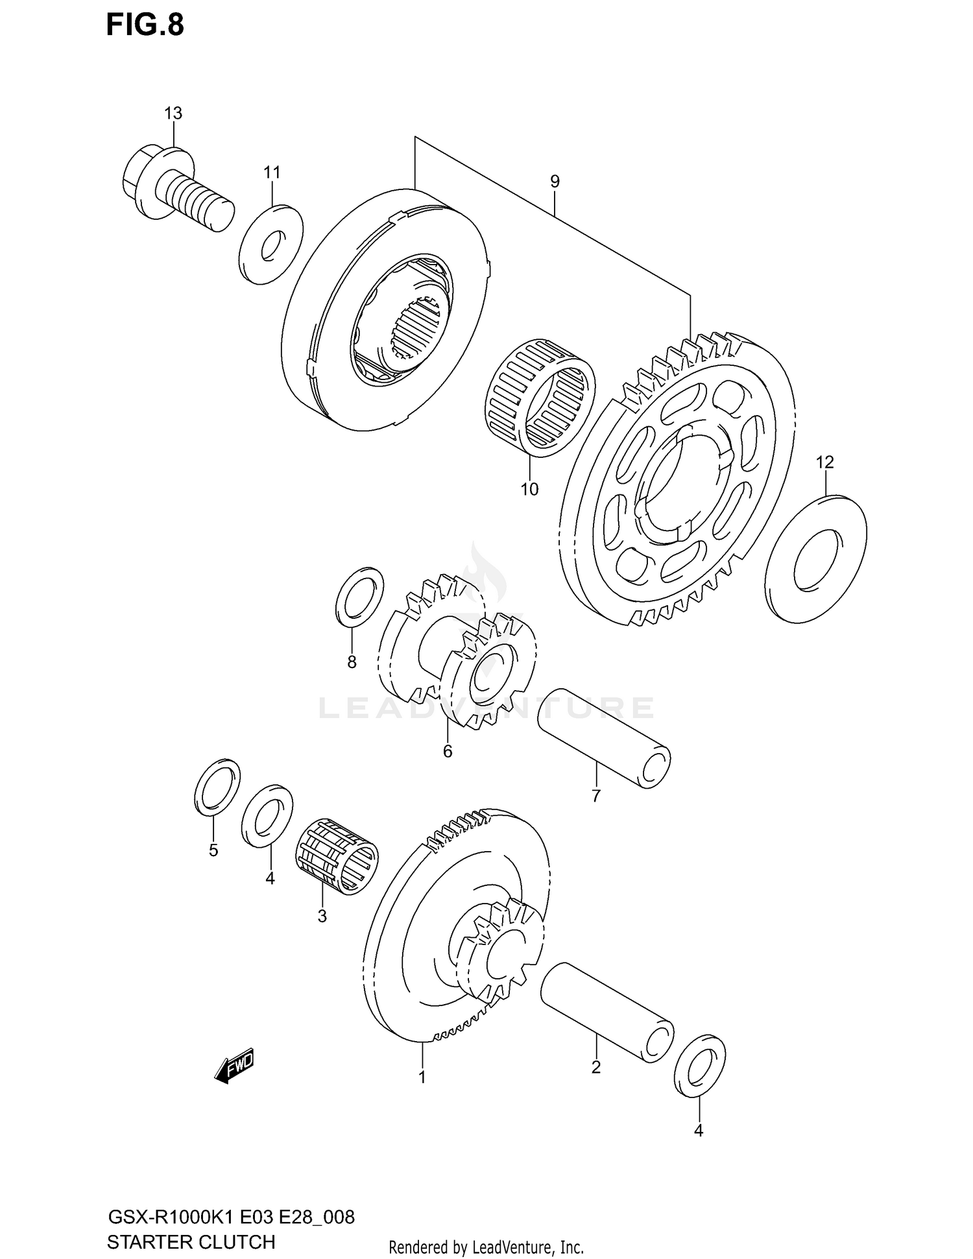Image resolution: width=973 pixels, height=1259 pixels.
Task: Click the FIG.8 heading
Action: (x=145, y=25)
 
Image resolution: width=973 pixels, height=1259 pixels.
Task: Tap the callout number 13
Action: (x=173, y=114)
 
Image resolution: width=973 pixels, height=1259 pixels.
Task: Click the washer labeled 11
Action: (x=270, y=244)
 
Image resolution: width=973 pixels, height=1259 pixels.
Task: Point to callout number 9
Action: (x=555, y=182)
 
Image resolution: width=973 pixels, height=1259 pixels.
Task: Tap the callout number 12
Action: (x=824, y=462)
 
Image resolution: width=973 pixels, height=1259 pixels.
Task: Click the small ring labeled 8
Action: (x=359, y=597)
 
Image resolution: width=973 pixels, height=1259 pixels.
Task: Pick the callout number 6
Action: (x=448, y=751)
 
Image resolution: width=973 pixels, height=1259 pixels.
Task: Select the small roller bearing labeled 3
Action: (x=337, y=856)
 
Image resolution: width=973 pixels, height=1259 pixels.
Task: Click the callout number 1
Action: (x=422, y=1077)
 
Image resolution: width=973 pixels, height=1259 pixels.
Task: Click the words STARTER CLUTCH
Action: (x=191, y=1242)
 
